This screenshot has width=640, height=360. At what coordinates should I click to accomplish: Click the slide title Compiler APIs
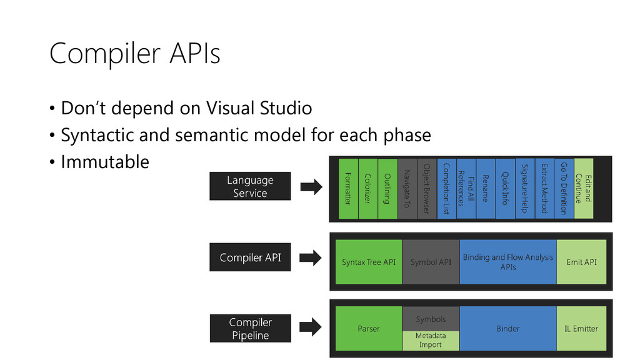click(135, 54)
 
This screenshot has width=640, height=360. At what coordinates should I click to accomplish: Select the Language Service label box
click(250, 186)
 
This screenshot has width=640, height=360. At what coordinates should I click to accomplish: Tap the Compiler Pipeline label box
click(251, 328)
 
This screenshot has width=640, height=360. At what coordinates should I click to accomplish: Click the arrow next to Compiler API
click(311, 257)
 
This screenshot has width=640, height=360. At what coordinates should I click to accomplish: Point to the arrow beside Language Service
click(311, 187)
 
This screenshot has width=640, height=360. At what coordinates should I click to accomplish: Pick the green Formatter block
click(348, 189)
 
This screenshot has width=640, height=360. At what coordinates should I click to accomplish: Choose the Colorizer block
click(367, 189)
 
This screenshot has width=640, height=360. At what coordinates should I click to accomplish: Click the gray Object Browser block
click(427, 189)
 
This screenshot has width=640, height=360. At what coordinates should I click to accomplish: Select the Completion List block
click(446, 189)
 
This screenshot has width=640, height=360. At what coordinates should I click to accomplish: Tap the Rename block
click(486, 189)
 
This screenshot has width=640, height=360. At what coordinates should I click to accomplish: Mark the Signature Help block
click(525, 189)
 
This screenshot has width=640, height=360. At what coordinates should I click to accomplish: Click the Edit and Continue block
click(584, 189)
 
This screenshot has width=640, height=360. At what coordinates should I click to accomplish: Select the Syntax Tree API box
click(369, 262)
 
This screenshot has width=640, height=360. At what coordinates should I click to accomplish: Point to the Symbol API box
click(431, 262)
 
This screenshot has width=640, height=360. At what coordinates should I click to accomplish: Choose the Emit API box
click(582, 262)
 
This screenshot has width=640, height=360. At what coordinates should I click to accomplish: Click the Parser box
click(369, 329)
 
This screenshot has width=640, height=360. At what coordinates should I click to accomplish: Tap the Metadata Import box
click(431, 341)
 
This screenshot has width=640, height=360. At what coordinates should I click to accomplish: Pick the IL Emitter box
click(582, 329)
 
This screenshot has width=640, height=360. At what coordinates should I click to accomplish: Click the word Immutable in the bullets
click(105, 162)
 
